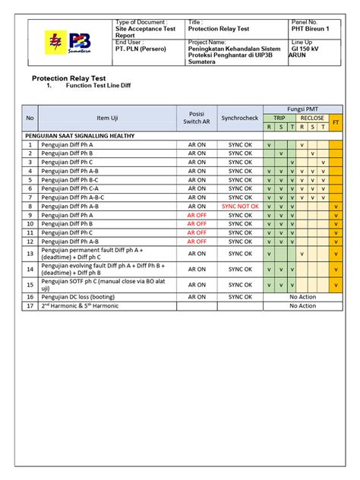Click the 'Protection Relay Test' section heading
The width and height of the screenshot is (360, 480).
click(x=73, y=78)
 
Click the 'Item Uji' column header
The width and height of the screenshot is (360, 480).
click(x=107, y=118)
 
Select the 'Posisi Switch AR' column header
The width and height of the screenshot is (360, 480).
click(x=197, y=118)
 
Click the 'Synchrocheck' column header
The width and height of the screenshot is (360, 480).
click(x=240, y=118)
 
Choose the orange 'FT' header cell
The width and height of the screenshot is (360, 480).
click(x=336, y=122)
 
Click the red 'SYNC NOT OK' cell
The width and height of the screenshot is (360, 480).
click(x=240, y=206)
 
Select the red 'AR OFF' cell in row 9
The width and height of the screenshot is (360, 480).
click(x=197, y=215)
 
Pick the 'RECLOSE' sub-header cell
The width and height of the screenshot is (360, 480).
click(x=312, y=118)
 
